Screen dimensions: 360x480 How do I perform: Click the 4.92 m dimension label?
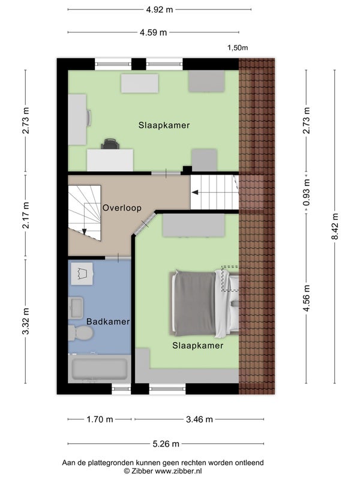159,10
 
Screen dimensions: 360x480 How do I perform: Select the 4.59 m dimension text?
154,32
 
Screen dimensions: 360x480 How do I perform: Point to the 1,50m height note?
238,48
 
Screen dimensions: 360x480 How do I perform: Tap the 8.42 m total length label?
335,227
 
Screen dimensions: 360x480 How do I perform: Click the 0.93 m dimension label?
307,192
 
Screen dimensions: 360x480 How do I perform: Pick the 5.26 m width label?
166,444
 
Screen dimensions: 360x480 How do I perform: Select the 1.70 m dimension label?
100,419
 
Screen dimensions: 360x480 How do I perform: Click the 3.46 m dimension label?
199,419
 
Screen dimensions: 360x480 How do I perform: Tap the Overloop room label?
122,208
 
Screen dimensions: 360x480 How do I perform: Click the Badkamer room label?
108,322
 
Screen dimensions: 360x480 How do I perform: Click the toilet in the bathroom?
80,333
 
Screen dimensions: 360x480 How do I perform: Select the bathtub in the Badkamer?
100,369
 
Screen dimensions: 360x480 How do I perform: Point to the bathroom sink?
76,308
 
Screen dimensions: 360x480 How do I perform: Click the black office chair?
110,144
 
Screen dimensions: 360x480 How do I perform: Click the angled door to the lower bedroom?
145,224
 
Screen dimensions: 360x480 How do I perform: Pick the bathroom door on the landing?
118,258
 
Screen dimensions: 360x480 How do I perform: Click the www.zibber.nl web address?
178,471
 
